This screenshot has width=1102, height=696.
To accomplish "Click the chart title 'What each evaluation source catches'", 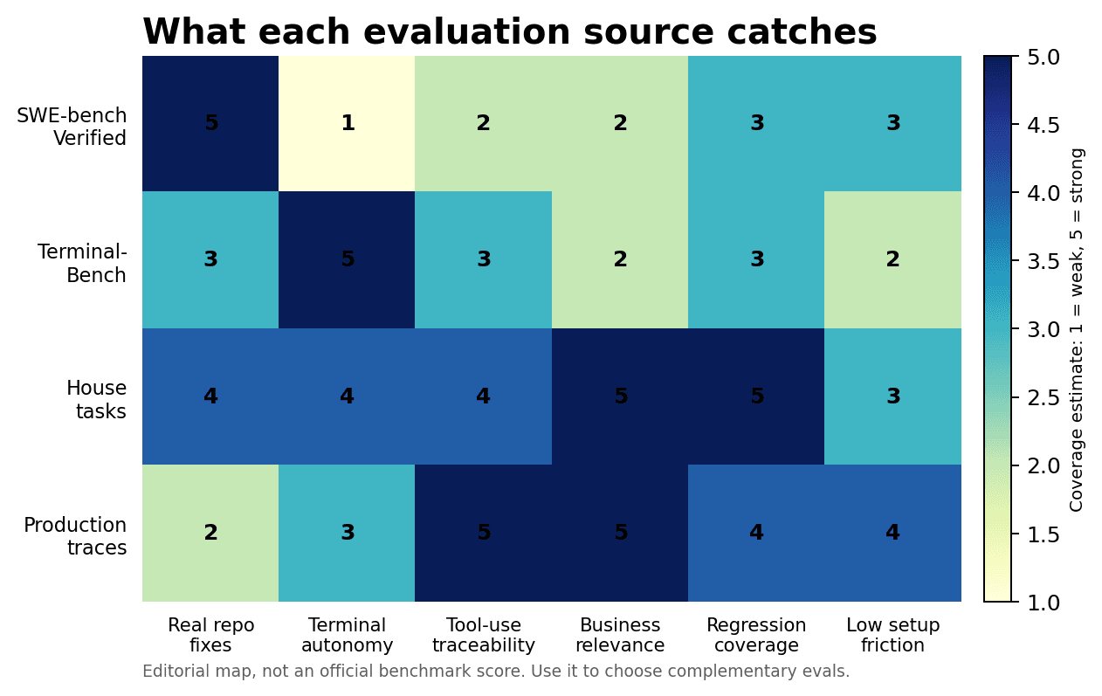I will pyautogui.click(x=509, y=33).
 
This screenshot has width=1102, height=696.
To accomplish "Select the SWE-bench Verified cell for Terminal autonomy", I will pyautogui.click(x=347, y=123).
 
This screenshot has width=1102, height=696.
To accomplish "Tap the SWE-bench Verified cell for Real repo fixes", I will pyautogui.click(x=210, y=123).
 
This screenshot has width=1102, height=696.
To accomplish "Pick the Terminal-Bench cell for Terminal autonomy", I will pyautogui.click(x=347, y=259).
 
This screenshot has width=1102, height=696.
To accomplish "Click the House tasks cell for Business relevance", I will pyautogui.click(x=620, y=396).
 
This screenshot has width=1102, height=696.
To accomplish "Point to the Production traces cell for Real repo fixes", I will pyautogui.click(x=210, y=533).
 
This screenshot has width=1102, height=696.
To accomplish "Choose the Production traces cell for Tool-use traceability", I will pyautogui.click(x=483, y=533).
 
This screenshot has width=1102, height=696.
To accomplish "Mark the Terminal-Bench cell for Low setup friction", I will pyautogui.click(x=892, y=259).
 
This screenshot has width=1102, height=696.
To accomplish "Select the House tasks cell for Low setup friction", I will pyautogui.click(x=892, y=396).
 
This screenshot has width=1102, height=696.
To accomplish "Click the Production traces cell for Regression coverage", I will pyautogui.click(x=756, y=533).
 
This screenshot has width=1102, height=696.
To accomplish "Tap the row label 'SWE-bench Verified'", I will pyautogui.click(x=72, y=127).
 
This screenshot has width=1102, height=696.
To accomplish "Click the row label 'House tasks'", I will pyautogui.click(x=96, y=400).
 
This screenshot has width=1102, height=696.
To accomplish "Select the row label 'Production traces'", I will pyautogui.click(x=75, y=536).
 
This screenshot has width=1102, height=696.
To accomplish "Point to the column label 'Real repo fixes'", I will pyautogui.click(x=210, y=635).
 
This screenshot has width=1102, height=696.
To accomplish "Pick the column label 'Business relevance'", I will pyautogui.click(x=620, y=635).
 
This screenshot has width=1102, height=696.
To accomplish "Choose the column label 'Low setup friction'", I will pyautogui.click(x=892, y=635).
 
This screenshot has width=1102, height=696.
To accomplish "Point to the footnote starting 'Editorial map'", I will pyautogui.click(x=495, y=672).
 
